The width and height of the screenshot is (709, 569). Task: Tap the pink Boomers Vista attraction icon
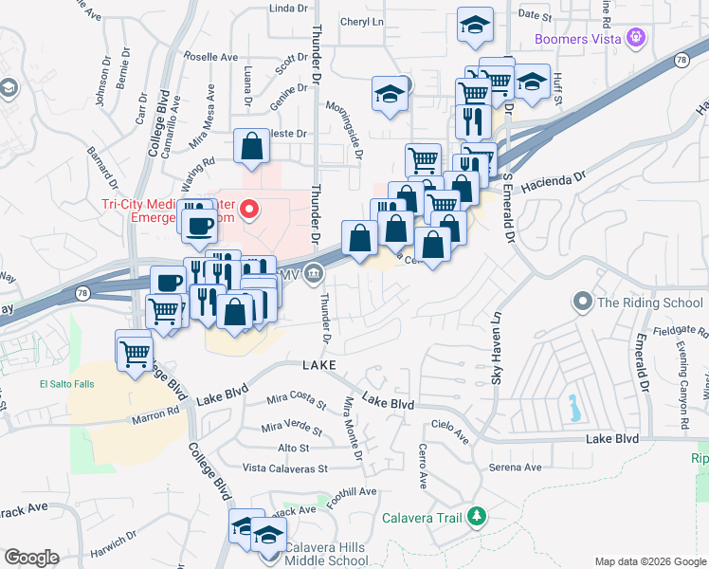pos(636,38)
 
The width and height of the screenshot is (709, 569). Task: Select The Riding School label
pos(649,303)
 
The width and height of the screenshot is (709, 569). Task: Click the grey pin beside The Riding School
pos(582,303)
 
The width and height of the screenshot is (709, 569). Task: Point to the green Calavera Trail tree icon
pos(478,517)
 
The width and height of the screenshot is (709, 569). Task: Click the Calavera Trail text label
pos(421,518)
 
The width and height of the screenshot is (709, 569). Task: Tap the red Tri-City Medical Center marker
pos(250,209)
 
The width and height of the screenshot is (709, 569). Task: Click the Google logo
pos(31,558)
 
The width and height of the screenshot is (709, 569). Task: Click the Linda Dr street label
pos(289,8)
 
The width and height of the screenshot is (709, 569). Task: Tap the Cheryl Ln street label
pos(361,21)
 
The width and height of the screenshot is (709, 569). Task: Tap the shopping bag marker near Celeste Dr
pos(251,146)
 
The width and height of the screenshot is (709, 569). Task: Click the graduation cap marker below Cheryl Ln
pos(389,94)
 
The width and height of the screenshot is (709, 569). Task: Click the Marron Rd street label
pos(158,413)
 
